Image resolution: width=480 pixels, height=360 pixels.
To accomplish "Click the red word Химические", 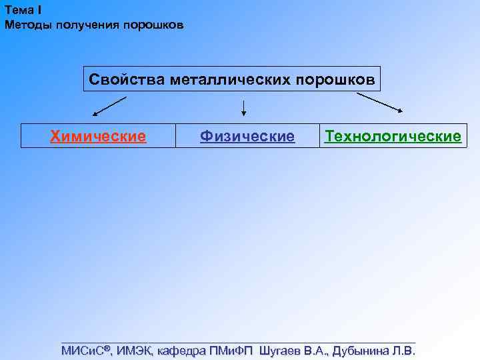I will point(98,137).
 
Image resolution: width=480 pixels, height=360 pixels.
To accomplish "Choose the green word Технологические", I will point(393,137).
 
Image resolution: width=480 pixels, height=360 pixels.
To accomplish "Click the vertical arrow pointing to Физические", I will point(244,108).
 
